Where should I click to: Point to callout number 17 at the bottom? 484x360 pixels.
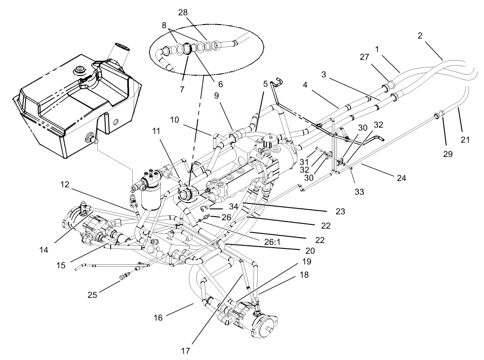(x=185, y=351)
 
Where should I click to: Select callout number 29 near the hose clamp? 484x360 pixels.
(x=448, y=154)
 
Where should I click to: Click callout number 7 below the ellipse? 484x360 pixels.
(x=182, y=90)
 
